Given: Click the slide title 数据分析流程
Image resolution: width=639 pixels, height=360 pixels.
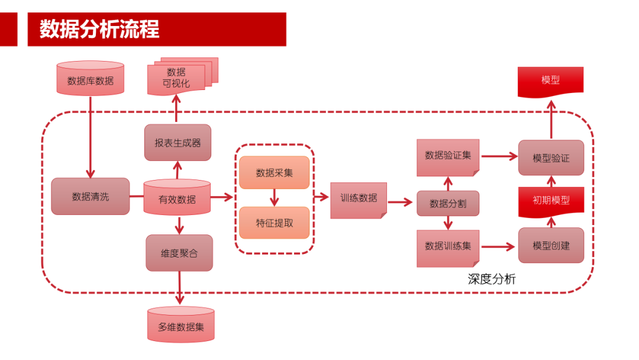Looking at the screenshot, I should pyautogui.click(x=99, y=29).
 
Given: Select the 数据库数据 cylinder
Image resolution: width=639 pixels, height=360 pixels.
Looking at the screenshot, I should pyautogui.click(x=91, y=80).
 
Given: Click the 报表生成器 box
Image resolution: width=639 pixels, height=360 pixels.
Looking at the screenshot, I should pyautogui.click(x=177, y=143).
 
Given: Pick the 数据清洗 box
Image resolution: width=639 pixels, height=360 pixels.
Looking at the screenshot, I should pyautogui.click(x=90, y=197).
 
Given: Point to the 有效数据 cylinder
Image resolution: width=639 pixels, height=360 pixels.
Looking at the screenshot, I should pyautogui.click(x=177, y=199).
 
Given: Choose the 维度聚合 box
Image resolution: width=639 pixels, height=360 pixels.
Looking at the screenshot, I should pyautogui.click(x=179, y=253).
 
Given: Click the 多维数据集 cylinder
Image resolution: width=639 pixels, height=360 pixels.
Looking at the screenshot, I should pyautogui.click(x=180, y=326).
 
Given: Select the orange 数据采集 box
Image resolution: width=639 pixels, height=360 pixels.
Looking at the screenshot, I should pyautogui.click(x=274, y=173).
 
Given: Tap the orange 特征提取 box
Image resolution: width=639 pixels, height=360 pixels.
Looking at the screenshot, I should pyautogui.click(x=274, y=223).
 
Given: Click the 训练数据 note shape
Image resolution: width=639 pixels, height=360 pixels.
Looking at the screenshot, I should pyautogui.click(x=359, y=199).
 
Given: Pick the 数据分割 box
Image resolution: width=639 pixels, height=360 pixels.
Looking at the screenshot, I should pyautogui.click(x=448, y=204).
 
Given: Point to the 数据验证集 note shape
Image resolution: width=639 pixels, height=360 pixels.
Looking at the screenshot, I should pyautogui.click(x=448, y=156).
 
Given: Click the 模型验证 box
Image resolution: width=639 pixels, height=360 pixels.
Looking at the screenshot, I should pyautogui.click(x=551, y=158).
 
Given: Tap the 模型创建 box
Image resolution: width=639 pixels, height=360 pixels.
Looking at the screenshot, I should pyautogui.click(x=551, y=245).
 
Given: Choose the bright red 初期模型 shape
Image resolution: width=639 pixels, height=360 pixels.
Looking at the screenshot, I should pyautogui.click(x=551, y=200).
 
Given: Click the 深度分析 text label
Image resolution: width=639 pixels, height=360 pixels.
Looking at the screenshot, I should pyautogui.click(x=492, y=279).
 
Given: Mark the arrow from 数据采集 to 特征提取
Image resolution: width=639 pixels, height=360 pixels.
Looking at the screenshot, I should pyautogui.click(x=274, y=198).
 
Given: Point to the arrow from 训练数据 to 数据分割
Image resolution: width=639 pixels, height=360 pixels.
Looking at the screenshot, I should pyautogui.click(x=401, y=202).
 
